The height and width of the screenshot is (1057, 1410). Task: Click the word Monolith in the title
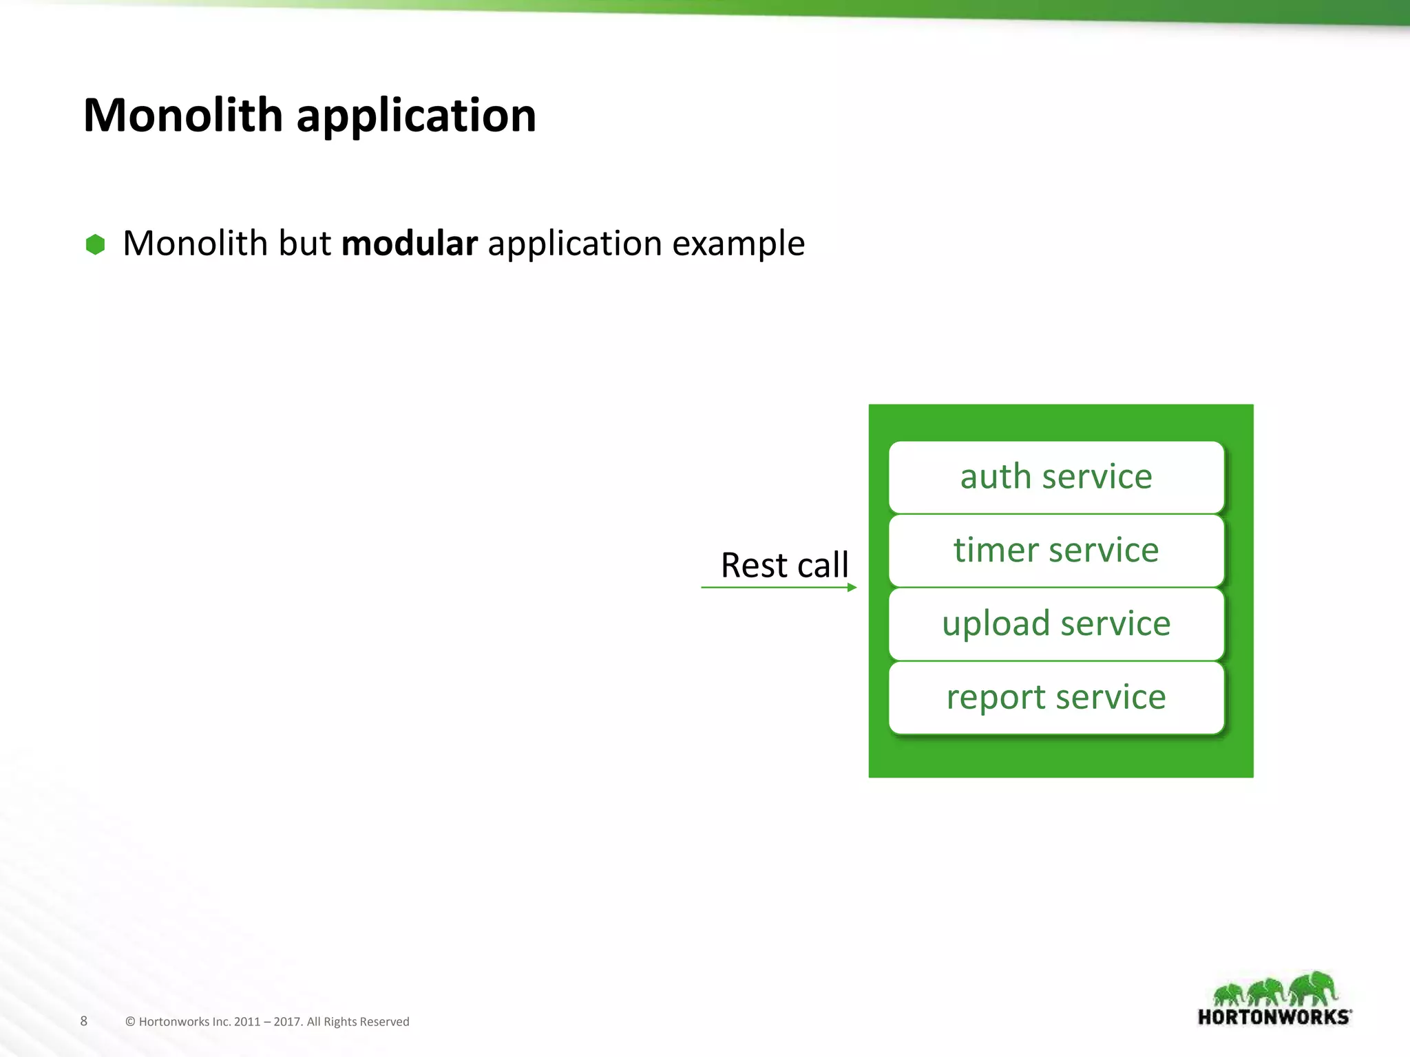(182, 115)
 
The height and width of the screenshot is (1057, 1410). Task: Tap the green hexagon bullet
(95, 244)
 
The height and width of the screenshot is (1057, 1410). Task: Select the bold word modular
(409, 244)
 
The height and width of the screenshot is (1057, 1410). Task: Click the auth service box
(1056, 477)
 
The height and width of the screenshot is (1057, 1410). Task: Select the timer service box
(1056, 551)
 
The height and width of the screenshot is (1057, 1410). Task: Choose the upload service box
(1056, 624)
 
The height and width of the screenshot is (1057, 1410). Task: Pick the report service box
(1056, 698)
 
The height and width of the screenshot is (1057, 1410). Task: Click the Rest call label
(784, 566)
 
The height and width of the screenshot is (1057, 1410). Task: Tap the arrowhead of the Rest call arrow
(852, 588)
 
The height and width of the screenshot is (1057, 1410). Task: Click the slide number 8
(84, 1021)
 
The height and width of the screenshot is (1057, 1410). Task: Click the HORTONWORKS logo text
(1274, 1017)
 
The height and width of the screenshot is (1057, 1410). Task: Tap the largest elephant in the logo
(1314, 988)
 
